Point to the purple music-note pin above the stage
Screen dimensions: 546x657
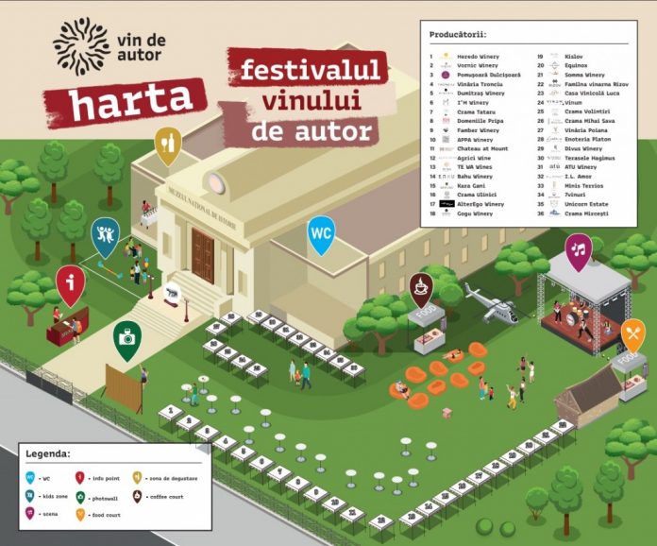pyautogui.click(x=579, y=249)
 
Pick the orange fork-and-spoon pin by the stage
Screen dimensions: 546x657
pyautogui.click(x=632, y=333)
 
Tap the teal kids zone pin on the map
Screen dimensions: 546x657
pyautogui.click(x=105, y=235)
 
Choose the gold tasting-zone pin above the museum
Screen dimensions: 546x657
pyautogui.click(x=167, y=144)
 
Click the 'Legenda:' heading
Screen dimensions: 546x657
pyautogui.click(x=47, y=452)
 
